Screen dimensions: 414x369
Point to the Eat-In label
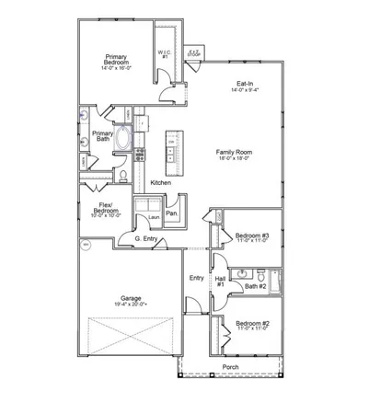point(245,85)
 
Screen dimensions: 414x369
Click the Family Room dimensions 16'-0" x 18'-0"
point(236,158)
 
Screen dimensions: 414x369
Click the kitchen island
point(169,150)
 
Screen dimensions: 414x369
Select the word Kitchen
point(161,184)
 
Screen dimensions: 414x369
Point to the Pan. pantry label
point(171,213)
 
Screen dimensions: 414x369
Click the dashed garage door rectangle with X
point(130,337)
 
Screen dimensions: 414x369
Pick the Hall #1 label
point(221,281)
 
